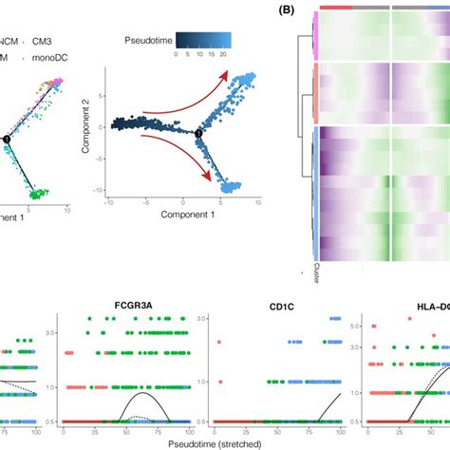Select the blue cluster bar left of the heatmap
point(313,190)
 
